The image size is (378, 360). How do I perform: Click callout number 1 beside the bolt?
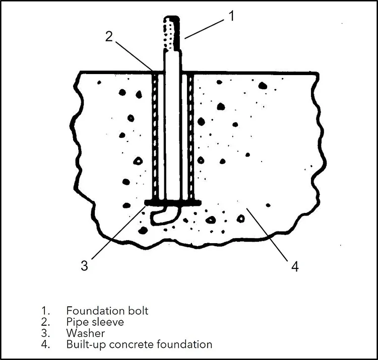pyautogui.click(x=231, y=16)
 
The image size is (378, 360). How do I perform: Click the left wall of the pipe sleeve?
pyautogui.click(x=155, y=136)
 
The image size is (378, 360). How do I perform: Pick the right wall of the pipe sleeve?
pyautogui.click(x=191, y=136)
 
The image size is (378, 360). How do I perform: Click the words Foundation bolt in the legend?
pyautogui.click(x=107, y=311)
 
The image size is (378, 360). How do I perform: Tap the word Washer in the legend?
pyautogui.click(x=85, y=333)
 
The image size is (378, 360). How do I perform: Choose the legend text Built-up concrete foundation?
pyautogui.click(x=139, y=344)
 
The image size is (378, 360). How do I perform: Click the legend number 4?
pyautogui.click(x=43, y=344)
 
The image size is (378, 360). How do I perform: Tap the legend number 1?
pyautogui.click(x=43, y=311)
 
